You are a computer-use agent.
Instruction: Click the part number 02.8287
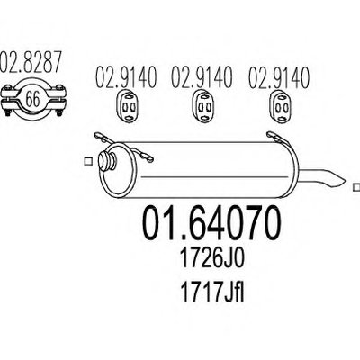click(31, 62)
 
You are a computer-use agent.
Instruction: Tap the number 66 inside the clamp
click(32, 99)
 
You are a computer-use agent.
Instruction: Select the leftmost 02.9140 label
click(126, 77)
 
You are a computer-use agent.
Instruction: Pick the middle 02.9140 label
click(202, 77)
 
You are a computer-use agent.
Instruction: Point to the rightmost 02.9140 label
click(278, 77)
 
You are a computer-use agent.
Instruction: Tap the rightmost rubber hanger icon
click(280, 106)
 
